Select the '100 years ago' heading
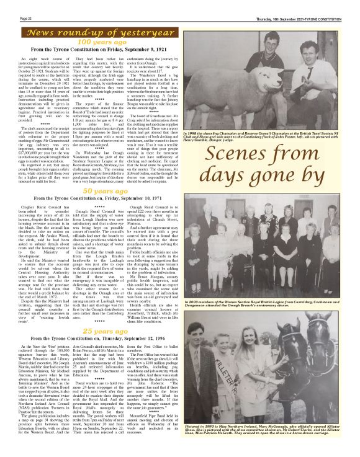96,42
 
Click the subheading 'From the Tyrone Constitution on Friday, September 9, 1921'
96,49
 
